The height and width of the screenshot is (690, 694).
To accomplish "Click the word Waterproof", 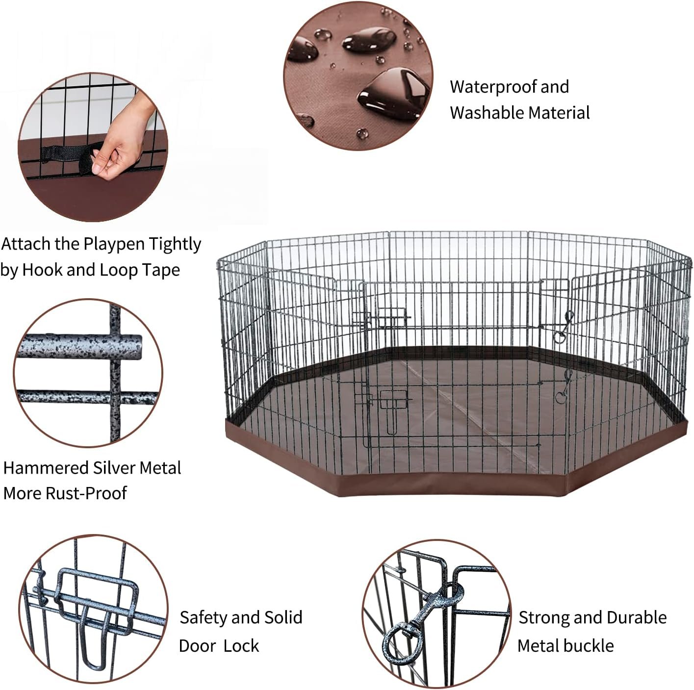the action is pyautogui.click(x=491, y=87).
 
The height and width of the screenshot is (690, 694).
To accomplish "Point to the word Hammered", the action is pyautogui.click(x=46, y=468).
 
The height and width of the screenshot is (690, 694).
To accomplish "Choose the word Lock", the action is pyautogui.click(x=241, y=646).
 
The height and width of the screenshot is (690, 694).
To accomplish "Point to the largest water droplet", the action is pyautogui.click(x=394, y=94).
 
